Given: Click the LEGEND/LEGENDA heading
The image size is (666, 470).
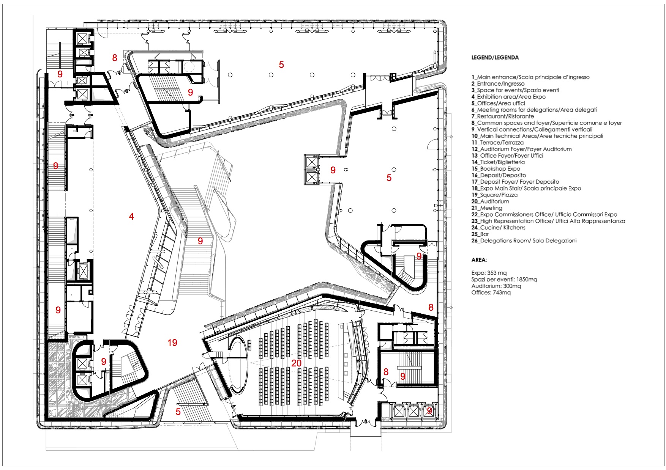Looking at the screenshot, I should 495,58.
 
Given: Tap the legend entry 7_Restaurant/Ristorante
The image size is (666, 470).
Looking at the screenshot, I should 502,116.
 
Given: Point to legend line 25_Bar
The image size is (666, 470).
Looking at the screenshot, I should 480,234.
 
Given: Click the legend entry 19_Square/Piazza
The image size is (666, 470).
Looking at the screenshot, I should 494,195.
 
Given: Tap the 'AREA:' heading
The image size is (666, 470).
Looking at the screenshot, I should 479,260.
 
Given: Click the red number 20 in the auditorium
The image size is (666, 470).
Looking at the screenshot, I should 296,363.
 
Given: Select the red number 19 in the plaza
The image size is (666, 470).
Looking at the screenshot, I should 172,343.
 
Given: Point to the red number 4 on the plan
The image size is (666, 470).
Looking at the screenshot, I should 131,216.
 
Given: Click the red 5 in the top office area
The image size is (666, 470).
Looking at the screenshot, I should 281,64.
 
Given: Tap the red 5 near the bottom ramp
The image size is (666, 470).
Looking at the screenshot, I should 178,412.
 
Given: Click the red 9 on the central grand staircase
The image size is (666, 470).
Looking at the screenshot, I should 200,241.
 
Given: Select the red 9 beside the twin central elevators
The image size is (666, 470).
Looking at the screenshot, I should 333,170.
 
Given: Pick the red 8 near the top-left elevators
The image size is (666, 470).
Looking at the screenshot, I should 115,58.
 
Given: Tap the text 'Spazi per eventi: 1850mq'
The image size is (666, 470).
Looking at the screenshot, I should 504,280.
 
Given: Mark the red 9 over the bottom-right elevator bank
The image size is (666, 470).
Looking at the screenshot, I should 429,411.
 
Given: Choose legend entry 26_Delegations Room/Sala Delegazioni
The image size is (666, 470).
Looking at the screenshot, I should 524,241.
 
